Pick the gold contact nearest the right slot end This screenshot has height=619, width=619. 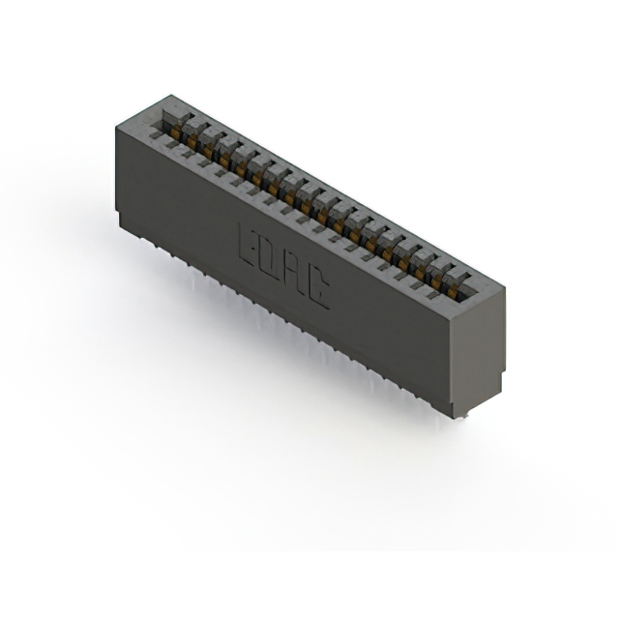point(453,291)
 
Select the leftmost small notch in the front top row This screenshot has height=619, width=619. point(156,136)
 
